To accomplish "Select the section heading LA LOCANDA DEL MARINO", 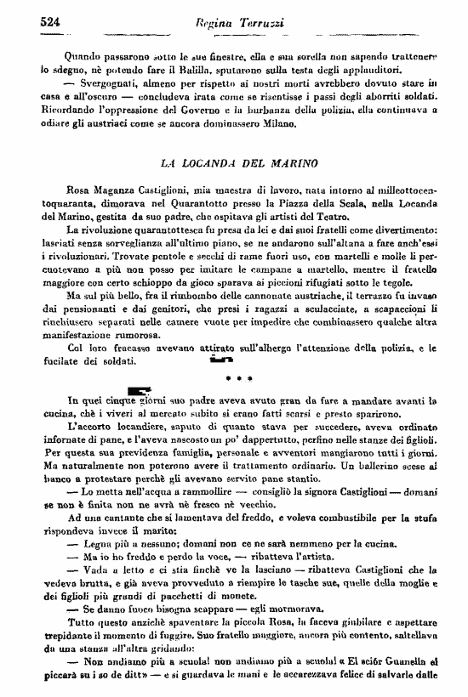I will coord(240,161).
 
